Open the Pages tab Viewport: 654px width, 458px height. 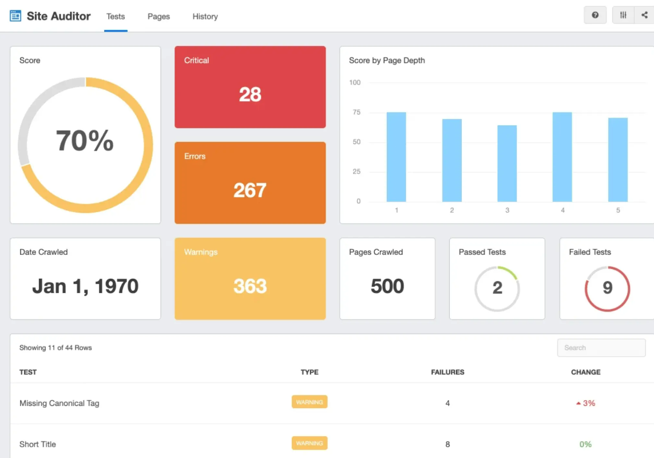click(158, 16)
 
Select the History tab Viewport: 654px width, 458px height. click(205, 16)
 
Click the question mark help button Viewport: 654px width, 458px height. click(594, 15)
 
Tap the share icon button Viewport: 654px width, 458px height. click(644, 15)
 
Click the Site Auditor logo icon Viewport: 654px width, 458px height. click(15, 16)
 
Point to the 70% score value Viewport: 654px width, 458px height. click(85, 140)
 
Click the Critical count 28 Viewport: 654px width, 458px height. click(250, 94)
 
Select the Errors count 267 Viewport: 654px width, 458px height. click(250, 191)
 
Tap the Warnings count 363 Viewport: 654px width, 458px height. click(250, 286)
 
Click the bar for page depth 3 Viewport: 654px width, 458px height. click(507, 164)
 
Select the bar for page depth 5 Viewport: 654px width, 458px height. click(618, 160)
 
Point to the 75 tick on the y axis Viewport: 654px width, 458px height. click(356, 112)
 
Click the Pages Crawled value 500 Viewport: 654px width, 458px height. click(387, 286)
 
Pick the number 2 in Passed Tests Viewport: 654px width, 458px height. click(497, 287)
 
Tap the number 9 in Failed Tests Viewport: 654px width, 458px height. click(607, 287)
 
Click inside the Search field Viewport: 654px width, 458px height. click(601, 348)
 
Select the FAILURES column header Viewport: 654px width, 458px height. click(447, 372)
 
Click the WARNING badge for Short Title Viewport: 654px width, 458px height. click(310, 443)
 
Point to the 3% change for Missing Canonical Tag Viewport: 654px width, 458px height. click(585, 403)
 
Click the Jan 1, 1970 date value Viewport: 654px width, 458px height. click(85, 286)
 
